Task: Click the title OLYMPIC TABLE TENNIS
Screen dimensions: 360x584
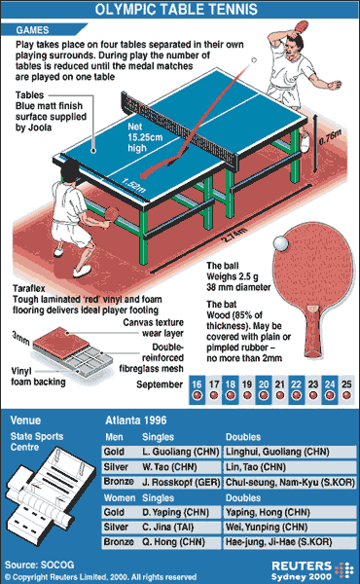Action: tap(176, 9)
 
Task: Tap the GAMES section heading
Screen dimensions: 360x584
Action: tap(32, 30)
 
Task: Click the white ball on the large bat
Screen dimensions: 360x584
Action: tap(280, 243)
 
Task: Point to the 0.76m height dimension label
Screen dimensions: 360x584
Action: tap(330, 137)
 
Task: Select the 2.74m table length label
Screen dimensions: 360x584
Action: tap(234, 236)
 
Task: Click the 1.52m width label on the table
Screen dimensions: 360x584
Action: tap(133, 186)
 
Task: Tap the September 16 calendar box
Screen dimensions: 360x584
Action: tap(197, 390)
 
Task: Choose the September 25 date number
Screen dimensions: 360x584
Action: tap(346, 384)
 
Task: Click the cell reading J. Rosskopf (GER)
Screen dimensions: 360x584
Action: tap(181, 483)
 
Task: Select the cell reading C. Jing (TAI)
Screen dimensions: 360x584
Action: tap(181, 527)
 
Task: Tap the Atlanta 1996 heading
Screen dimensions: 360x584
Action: tap(136, 420)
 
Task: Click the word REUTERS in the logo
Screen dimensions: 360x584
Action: tap(302, 566)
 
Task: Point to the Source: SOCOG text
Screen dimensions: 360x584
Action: tap(40, 565)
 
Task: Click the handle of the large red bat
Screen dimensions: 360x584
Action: tap(312, 333)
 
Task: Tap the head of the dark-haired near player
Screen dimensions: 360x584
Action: tap(70, 171)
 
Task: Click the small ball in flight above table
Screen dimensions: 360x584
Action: tap(254, 60)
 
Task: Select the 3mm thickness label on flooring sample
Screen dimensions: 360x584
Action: tap(20, 338)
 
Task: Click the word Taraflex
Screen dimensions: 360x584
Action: tap(29, 289)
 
